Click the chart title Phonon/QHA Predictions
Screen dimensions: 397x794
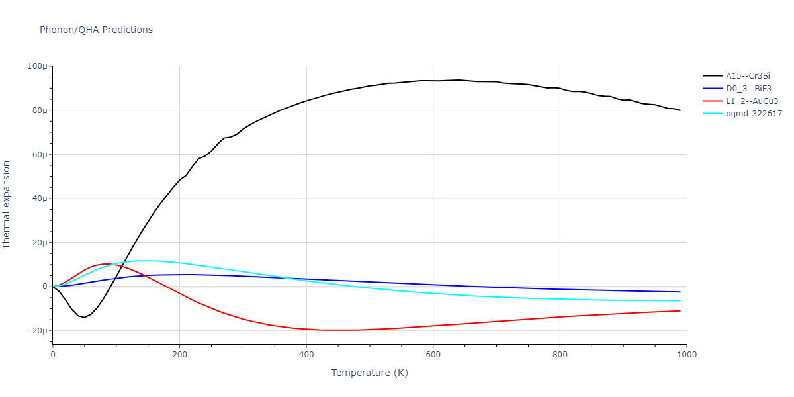point(96,30)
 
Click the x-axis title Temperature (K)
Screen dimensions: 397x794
point(370,373)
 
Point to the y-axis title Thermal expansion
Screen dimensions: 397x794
point(7,205)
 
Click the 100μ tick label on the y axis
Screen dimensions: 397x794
point(36,67)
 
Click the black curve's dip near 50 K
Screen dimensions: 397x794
point(84,317)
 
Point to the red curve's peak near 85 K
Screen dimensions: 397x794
point(106,264)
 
